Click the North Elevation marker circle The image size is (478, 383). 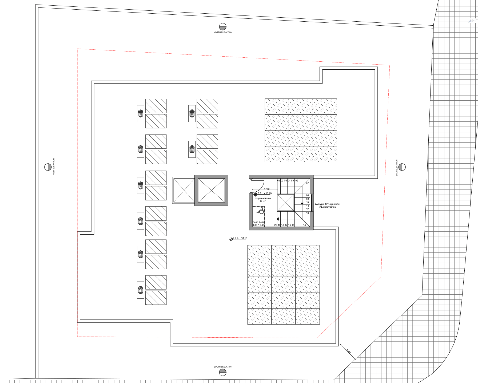pos(223,27)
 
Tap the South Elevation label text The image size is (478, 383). pos(223,367)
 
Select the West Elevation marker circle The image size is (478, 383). pos(48,167)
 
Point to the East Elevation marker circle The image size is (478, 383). pos(402,167)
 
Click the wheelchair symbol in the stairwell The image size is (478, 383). pos(261,211)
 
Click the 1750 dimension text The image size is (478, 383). pos(267,189)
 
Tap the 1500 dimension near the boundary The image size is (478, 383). pos(348,351)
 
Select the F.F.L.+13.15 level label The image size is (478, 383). pos(240,238)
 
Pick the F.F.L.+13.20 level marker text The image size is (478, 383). pos(264,193)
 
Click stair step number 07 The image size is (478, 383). pos(307,183)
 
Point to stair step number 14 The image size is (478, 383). pos(304,225)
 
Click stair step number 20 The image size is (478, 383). pos(276,225)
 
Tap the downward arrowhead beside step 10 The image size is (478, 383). pos(302,204)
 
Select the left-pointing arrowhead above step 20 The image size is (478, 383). pos(278,219)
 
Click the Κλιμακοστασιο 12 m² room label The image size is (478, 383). pos(263,200)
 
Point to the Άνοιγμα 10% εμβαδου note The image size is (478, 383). pos(327,206)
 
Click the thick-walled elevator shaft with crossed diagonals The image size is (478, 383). pos(211,190)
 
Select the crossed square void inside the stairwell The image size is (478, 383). pos(286,203)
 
